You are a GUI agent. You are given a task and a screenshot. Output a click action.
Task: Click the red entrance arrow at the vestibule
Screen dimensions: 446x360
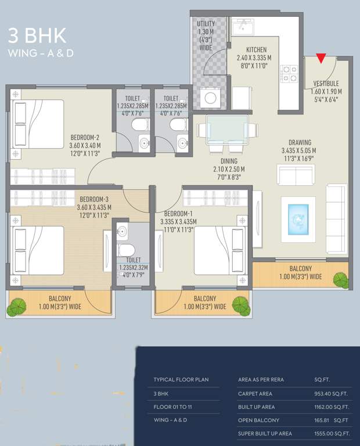coord(321,58)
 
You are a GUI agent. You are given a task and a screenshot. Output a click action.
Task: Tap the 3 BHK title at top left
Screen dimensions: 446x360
coord(37,35)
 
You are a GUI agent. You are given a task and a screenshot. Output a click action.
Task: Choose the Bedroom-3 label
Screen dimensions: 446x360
coord(94,199)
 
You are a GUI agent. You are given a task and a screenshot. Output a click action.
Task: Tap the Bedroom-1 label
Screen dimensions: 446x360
coord(179,214)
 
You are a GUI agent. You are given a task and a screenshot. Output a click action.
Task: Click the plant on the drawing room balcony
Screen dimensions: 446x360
coord(340,279)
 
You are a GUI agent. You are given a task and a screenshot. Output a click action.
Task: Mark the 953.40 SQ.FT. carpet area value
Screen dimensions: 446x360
coord(330,393)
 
